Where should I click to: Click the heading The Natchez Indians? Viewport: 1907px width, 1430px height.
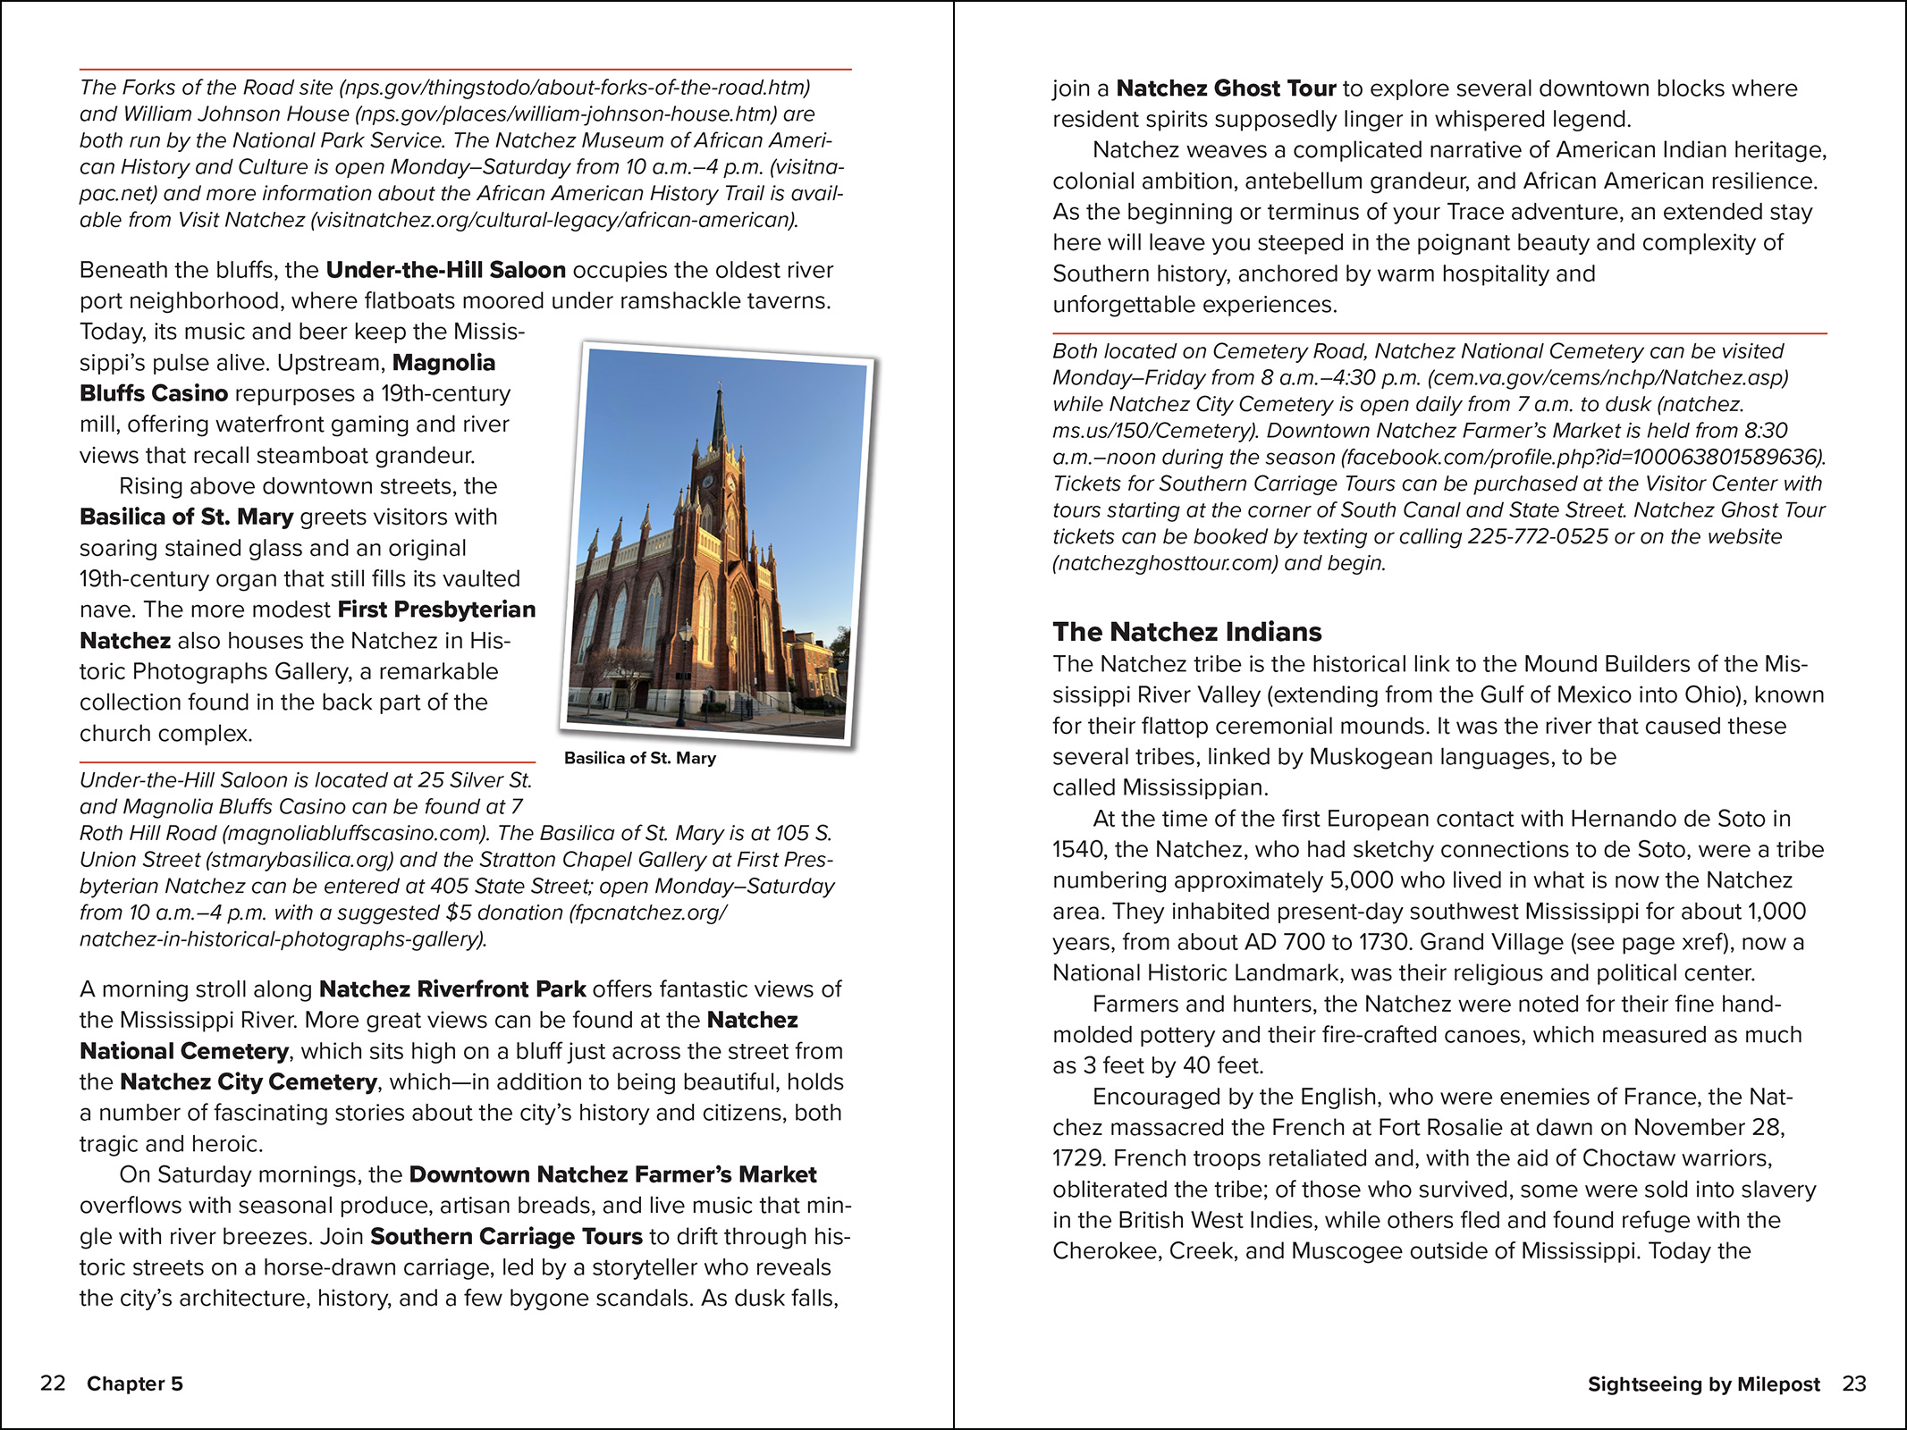(1186, 632)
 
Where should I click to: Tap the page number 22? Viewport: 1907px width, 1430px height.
(53, 1384)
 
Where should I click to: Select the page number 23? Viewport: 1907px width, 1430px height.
(1854, 1384)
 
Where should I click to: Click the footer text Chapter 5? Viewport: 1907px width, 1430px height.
(135, 1384)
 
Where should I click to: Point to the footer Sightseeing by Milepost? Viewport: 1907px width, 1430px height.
(1703, 1384)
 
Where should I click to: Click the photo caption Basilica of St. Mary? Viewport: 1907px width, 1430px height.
(639, 758)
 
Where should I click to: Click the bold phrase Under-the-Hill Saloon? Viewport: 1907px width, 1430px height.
(445, 270)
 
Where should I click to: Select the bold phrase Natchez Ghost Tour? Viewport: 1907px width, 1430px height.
(1226, 88)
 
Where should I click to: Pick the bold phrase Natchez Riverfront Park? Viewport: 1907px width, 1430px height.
(452, 989)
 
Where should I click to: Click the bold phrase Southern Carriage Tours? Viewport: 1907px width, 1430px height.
(506, 1236)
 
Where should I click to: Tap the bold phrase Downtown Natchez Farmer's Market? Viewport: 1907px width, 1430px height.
(612, 1174)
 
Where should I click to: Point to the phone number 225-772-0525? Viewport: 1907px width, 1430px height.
(1535, 536)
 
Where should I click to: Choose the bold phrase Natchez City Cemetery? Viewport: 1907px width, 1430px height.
(248, 1081)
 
